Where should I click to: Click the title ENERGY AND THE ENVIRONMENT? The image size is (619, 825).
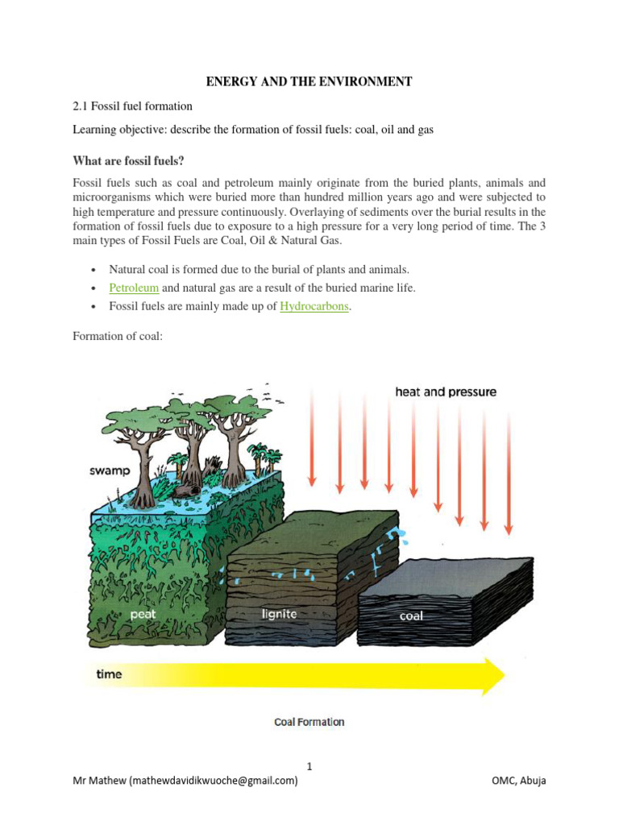[x=309, y=81]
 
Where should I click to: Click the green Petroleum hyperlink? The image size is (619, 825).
[x=134, y=288]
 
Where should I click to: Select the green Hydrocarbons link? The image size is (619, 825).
[x=314, y=307]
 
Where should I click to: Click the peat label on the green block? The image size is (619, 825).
[x=144, y=613]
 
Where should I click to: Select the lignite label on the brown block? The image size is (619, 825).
[x=279, y=614]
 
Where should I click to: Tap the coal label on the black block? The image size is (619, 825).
[x=411, y=616]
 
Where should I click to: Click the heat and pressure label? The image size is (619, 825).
[x=446, y=392]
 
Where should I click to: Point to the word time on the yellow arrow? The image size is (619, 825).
[x=109, y=674]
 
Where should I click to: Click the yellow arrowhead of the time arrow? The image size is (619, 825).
[x=489, y=674]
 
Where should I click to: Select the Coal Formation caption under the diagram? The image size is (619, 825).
[x=309, y=722]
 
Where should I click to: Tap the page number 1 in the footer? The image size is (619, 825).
[x=309, y=766]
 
